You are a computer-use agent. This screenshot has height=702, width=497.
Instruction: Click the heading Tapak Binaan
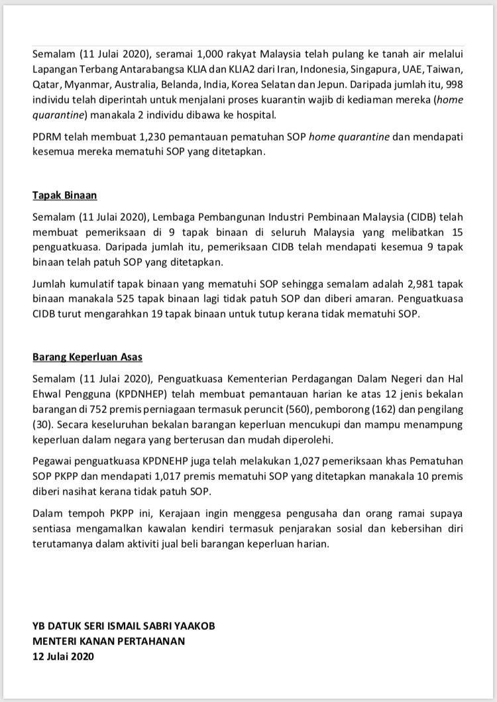click(x=65, y=196)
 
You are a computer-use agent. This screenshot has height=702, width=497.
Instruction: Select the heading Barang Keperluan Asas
click(x=87, y=357)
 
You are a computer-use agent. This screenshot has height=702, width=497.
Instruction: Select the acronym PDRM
click(x=46, y=137)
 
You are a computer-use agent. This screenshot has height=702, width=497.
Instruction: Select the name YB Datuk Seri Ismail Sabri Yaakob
click(x=123, y=626)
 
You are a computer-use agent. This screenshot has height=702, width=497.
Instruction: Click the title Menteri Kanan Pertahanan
click(x=109, y=641)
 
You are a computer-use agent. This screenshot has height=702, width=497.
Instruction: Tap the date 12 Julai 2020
click(x=64, y=656)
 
